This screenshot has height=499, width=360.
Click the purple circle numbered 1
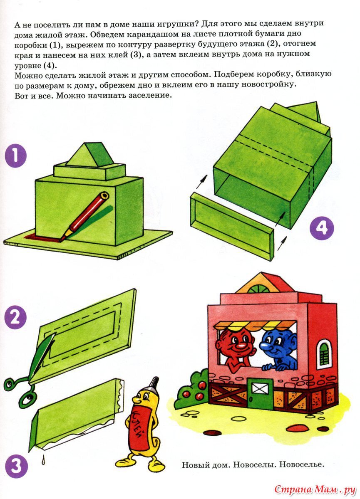tap(15, 156)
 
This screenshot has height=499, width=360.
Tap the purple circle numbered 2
tap(15, 317)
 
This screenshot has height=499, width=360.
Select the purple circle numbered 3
tap(16, 466)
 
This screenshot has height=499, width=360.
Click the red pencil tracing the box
tap(85, 216)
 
